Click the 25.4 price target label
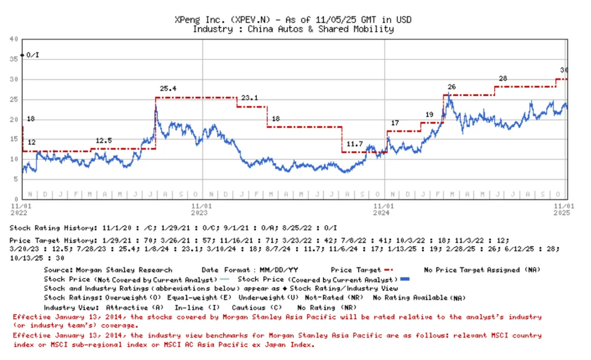(x=168, y=89)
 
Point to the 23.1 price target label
(x=249, y=97)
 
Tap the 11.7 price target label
(x=354, y=144)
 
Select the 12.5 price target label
(x=104, y=141)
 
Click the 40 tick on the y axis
(x=13, y=39)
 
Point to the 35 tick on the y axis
(x=13, y=59)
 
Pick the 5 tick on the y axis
(x=16, y=179)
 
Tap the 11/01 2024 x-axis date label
(x=384, y=209)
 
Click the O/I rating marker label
(x=33, y=55)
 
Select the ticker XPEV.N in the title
(x=252, y=20)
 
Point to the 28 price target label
(x=503, y=78)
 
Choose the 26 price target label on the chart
(x=451, y=87)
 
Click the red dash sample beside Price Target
(x=388, y=269)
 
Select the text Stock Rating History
(x=53, y=228)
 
